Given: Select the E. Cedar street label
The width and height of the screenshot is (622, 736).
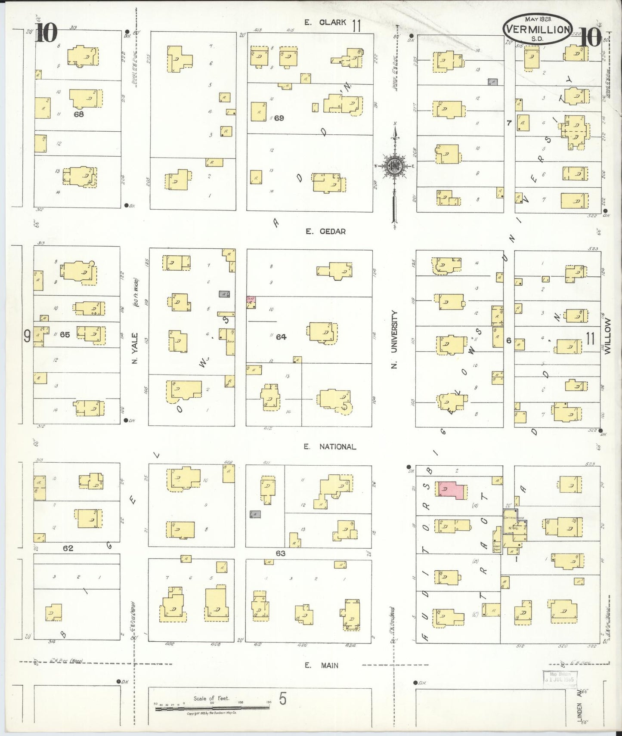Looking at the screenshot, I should point(325,231).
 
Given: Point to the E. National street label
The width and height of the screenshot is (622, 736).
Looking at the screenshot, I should point(330,447).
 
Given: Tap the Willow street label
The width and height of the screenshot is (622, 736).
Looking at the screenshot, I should point(607,336).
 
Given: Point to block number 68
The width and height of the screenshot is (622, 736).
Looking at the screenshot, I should point(78,114).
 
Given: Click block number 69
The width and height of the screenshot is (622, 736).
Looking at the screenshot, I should point(279,118).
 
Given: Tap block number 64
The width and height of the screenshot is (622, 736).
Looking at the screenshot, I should point(281,337).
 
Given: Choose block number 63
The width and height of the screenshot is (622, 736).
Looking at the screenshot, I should point(280,553).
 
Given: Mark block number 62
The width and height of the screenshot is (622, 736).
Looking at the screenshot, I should point(68,548).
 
